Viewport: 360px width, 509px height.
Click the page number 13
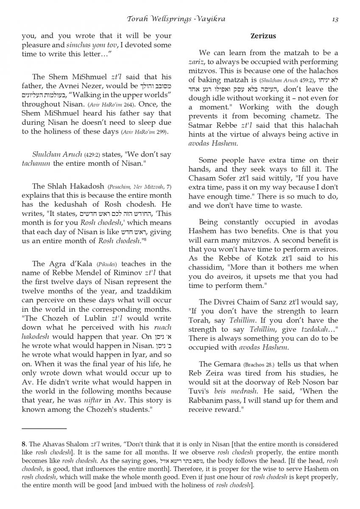click(335, 19)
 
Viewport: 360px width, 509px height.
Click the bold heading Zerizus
click(263, 36)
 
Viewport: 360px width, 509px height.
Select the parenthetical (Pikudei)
click(98, 264)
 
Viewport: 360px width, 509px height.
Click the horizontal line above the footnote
click(44, 429)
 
